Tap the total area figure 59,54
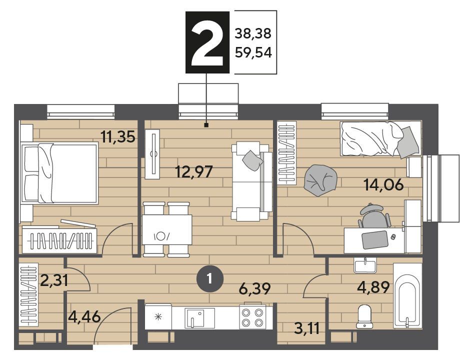coord(253,52)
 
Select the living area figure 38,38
coord(253,33)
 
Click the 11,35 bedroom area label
coord(118,137)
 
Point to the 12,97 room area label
coord(194,172)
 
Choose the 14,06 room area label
coord(384,185)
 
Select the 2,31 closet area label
coord(54,280)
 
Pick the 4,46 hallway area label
coord(84,317)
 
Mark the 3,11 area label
coord(307,328)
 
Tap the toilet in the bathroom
coord(364,316)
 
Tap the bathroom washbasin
coord(365,265)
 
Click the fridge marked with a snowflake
coord(158,317)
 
